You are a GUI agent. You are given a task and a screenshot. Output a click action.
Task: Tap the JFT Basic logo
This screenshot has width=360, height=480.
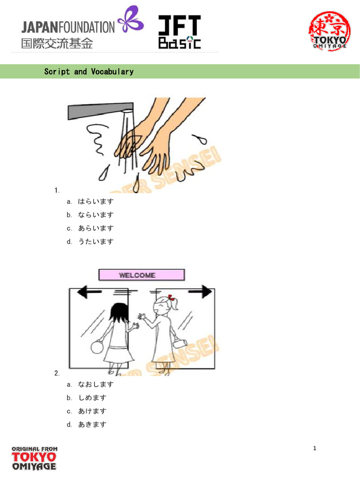[179, 32]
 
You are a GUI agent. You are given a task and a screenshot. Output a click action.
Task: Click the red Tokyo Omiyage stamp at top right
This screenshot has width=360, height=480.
[329, 30]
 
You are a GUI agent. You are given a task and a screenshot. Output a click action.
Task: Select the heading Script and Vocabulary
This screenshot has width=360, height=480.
[89, 72]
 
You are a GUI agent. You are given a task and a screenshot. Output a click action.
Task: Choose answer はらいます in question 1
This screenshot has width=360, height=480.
[96, 202]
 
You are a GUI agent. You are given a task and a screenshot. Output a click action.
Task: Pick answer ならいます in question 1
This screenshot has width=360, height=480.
[96, 215]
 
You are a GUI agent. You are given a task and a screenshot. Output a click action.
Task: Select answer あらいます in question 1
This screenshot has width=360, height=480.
[96, 228]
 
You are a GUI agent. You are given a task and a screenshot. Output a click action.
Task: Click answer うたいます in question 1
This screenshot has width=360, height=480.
[96, 242]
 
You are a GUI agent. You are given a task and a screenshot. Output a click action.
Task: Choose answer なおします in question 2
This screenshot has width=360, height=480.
[96, 384]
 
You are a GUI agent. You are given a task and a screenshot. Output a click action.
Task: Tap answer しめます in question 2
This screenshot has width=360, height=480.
[92, 397]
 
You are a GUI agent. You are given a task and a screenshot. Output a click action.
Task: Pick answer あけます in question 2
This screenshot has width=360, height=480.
[92, 411]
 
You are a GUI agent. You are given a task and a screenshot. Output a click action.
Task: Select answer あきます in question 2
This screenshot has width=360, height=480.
[92, 425]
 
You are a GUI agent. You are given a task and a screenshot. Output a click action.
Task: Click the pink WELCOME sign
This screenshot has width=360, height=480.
[141, 275]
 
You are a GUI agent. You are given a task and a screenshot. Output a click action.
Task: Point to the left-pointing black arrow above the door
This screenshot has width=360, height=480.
[89, 293]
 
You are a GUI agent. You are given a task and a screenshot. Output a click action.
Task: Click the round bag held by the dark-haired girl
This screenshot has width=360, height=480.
[99, 347]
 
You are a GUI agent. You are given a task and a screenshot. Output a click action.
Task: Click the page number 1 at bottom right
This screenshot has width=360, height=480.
[315, 449]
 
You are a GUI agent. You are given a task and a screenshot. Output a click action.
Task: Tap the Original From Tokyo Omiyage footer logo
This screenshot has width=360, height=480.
[34, 458]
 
